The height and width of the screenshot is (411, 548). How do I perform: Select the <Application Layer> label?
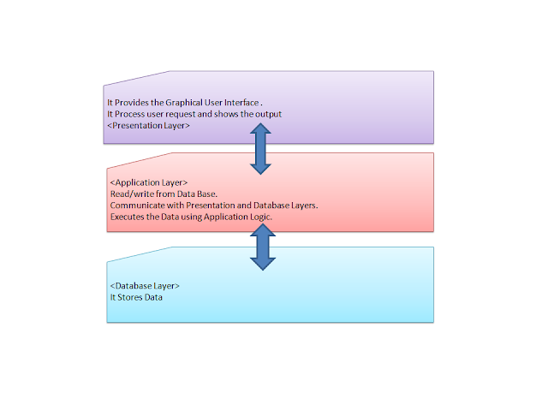[143, 182]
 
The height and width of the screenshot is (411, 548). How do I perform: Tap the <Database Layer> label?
[145, 285]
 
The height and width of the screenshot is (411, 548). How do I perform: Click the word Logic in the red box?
[258, 217]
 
